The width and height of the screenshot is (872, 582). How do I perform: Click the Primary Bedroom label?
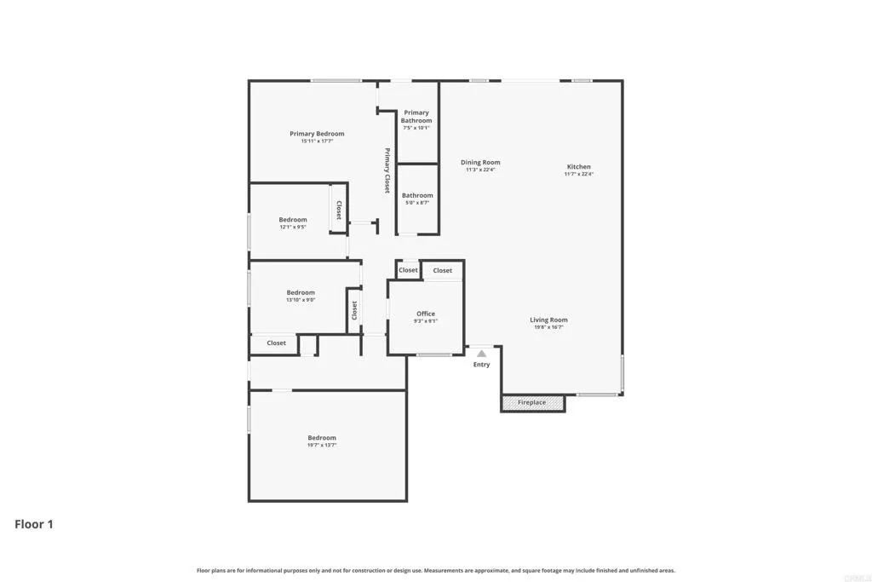(317, 134)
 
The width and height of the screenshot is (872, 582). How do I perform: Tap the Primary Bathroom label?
(416, 117)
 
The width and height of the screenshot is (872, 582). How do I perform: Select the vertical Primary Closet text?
(387, 170)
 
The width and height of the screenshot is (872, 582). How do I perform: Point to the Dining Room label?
(480, 162)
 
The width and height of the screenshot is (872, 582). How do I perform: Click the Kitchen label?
(579, 167)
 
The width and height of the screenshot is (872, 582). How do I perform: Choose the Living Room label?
(548, 320)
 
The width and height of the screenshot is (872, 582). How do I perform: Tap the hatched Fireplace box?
(532, 402)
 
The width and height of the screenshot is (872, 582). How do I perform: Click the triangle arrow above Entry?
(481, 353)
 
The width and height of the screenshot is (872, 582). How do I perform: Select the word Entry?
(482, 365)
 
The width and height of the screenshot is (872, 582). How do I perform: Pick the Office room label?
(426, 314)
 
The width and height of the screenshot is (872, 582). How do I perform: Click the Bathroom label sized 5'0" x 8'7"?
(417, 195)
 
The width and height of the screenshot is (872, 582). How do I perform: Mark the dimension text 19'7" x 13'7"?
(322, 446)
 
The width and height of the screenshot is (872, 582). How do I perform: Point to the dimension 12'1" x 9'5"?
(293, 228)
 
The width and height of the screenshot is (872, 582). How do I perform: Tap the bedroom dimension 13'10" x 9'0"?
(301, 300)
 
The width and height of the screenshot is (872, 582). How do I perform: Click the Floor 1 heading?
(34, 524)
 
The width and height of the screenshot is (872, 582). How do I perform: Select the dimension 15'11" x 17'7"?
(317, 141)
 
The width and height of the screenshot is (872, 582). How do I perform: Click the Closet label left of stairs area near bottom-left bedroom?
(277, 343)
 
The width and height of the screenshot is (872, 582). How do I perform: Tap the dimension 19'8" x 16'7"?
(548, 327)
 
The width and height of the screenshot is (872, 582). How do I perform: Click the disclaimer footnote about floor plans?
(436, 570)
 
